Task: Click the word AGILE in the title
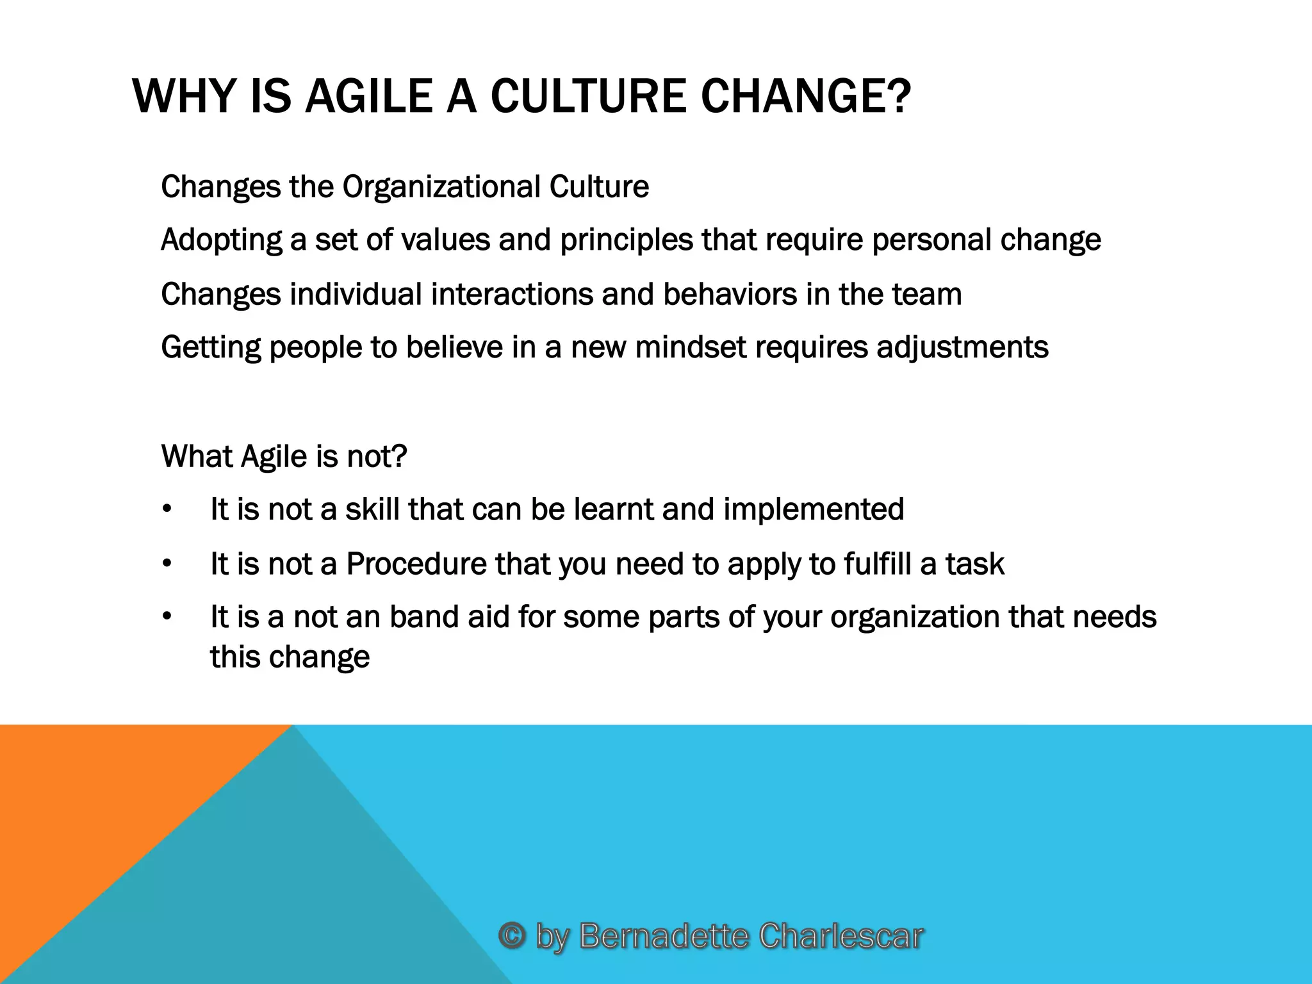coord(368,96)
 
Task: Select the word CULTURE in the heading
coord(589,96)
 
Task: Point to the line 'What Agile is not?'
coord(284,457)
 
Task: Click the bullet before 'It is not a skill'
coord(167,510)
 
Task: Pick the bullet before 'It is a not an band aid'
coord(167,617)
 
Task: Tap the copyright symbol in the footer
coord(512,935)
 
